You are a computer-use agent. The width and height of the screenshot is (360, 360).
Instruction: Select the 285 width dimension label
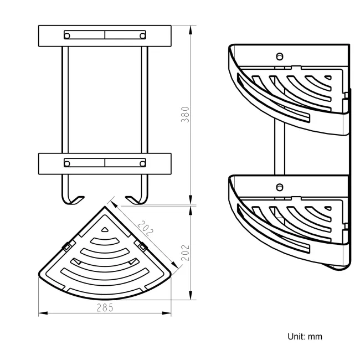coord(105,308)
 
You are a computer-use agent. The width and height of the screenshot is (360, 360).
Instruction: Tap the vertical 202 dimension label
coord(187,252)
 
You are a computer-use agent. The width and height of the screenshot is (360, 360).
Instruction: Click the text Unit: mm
coord(304,336)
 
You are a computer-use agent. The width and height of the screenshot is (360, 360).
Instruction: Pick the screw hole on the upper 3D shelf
coord(280,56)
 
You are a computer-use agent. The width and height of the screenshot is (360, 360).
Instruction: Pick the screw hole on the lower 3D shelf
coord(280,187)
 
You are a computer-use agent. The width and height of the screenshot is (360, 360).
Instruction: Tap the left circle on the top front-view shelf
coord(68,36)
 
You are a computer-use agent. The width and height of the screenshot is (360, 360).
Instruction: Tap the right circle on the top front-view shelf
coord(143,36)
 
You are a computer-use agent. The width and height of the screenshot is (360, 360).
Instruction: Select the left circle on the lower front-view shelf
coord(68,163)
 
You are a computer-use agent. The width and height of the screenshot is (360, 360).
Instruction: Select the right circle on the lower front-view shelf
coord(143,163)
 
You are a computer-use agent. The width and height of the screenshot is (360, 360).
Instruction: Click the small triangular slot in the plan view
coord(105,229)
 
